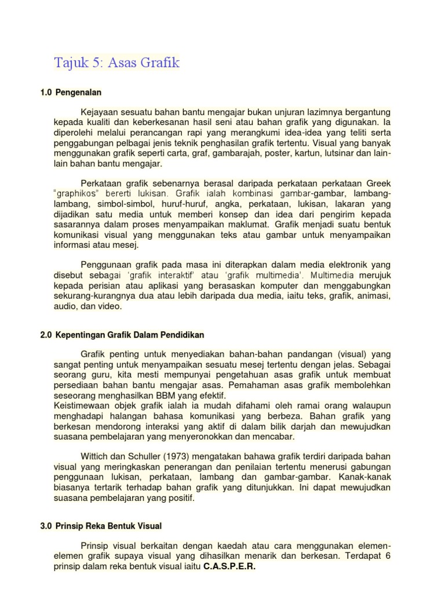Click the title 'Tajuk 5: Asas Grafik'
pyautogui.click(x=117, y=63)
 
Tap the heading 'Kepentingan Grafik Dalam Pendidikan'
pyautogui.click(x=130, y=335)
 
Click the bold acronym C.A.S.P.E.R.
pyautogui.click(x=229, y=566)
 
